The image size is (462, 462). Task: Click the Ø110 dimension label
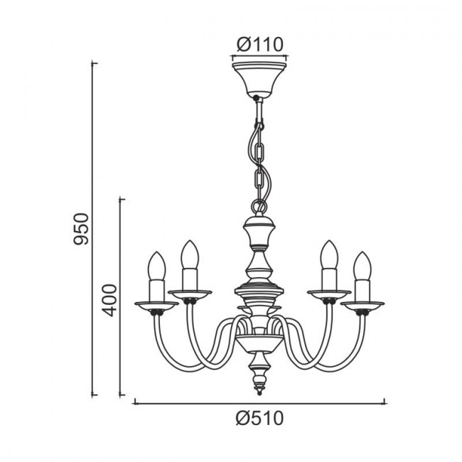pyautogui.click(x=260, y=45)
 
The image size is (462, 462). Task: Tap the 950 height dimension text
pyautogui.click(x=81, y=229)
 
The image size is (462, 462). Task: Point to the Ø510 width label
pyautogui.click(x=259, y=418)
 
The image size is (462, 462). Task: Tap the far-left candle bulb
pyautogui.click(x=157, y=266)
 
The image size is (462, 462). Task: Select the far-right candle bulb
pyautogui.click(x=362, y=266)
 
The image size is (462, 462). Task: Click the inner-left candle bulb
pyautogui.click(x=190, y=254)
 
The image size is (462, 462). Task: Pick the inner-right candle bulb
pyautogui.click(x=329, y=254)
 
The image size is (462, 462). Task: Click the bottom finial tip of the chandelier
pyautogui.click(x=259, y=392)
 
